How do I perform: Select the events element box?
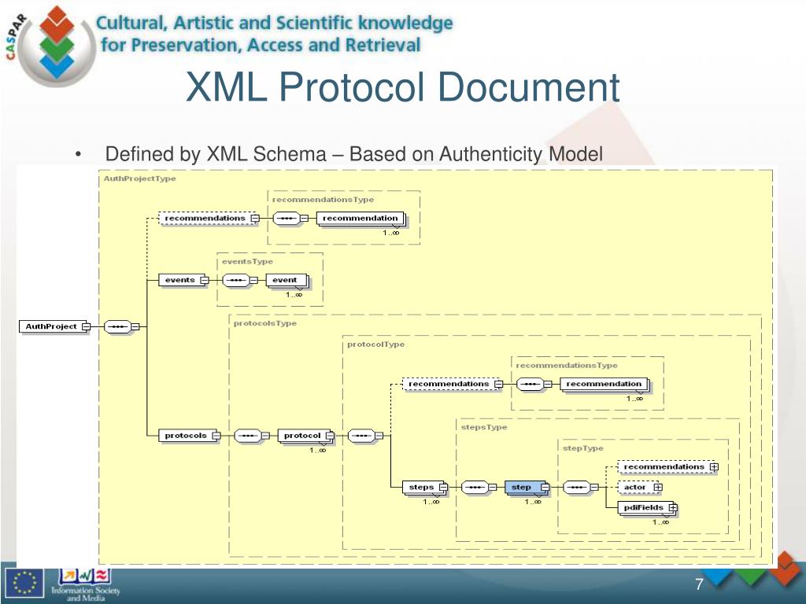180,280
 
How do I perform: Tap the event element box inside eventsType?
285,280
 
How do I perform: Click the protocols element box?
186,436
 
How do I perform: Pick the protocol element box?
303,436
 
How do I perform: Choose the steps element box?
422,488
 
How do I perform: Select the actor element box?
635,488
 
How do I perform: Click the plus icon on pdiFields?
673,508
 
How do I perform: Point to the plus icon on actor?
657,488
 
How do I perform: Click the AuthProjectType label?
140,179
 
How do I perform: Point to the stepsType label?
484,427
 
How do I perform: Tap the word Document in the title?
529,87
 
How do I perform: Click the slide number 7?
698,584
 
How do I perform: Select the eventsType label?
247,261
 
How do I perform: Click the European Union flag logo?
24,583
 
